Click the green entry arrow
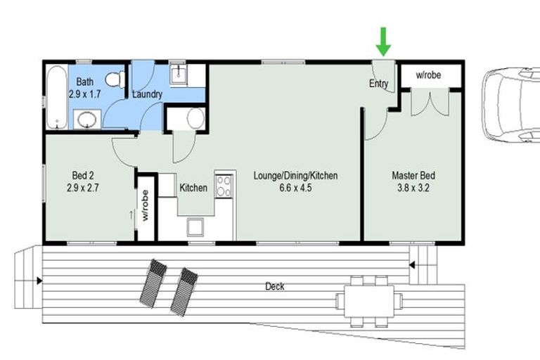[383, 41]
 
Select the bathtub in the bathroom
[56, 98]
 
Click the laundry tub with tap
[179, 75]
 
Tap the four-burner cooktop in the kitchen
[225, 186]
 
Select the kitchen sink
[195, 226]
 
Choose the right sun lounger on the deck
[184, 289]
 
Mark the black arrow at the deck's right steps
[413, 266]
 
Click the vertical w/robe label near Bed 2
[146, 206]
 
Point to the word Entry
[379, 84]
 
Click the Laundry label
[148, 94]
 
